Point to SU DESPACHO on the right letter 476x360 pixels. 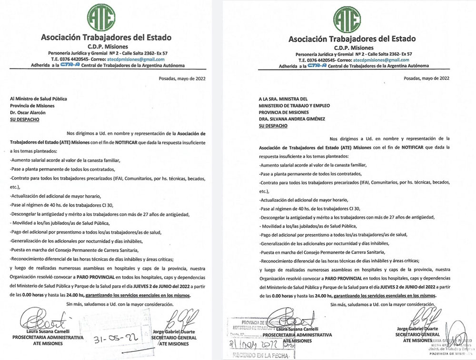click(274, 126)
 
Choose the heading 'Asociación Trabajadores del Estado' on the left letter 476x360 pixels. click(106, 38)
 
